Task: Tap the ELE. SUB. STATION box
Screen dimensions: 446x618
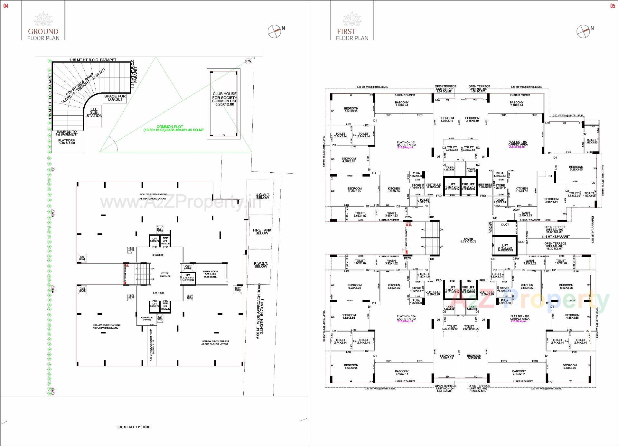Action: pyautogui.click(x=94, y=113)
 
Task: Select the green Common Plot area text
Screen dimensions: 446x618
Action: pyautogui.click(x=173, y=128)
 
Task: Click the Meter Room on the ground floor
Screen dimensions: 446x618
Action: pyautogui.click(x=210, y=274)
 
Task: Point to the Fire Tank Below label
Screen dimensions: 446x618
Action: pyautogui.click(x=262, y=232)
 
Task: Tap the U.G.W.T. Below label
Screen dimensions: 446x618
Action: pyautogui.click(x=262, y=196)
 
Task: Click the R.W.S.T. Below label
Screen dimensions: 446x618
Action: pyautogui.click(x=261, y=265)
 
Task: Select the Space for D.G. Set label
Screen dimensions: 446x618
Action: pyautogui.click(x=115, y=98)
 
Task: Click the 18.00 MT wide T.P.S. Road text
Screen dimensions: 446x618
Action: pyautogui.click(x=133, y=427)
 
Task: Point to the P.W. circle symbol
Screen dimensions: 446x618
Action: pyautogui.click(x=248, y=61)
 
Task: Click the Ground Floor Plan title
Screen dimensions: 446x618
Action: pyautogui.click(x=43, y=34)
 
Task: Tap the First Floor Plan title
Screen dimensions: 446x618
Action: pyautogui.click(x=352, y=34)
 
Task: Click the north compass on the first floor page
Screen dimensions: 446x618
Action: pyautogui.click(x=583, y=31)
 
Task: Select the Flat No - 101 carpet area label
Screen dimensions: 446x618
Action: pyautogui.click(x=406, y=145)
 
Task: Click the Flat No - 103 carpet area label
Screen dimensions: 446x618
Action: pyautogui.click(x=520, y=318)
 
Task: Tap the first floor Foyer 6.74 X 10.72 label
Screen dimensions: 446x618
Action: pyautogui.click(x=468, y=240)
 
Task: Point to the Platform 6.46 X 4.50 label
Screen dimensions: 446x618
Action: pyautogui.click(x=67, y=141)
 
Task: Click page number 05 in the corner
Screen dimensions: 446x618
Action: pyautogui.click(x=613, y=6)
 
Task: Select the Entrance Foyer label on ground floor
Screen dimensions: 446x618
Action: pyautogui.click(x=147, y=319)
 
